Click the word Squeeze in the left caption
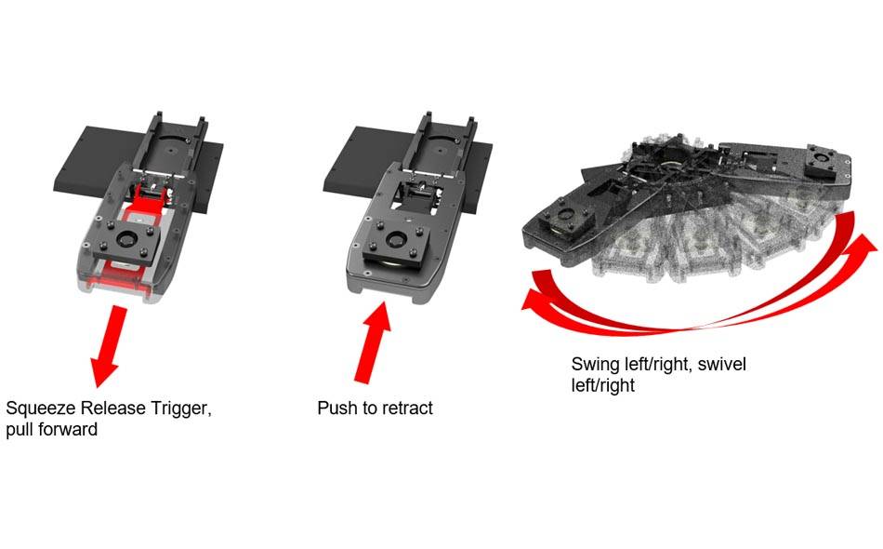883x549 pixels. [40, 408]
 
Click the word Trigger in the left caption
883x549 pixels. [182, 408]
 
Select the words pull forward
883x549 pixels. [51, 431]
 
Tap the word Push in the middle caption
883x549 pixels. [336, 408]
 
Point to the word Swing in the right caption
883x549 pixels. [595, 364]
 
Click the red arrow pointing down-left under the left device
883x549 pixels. [109, 346]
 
